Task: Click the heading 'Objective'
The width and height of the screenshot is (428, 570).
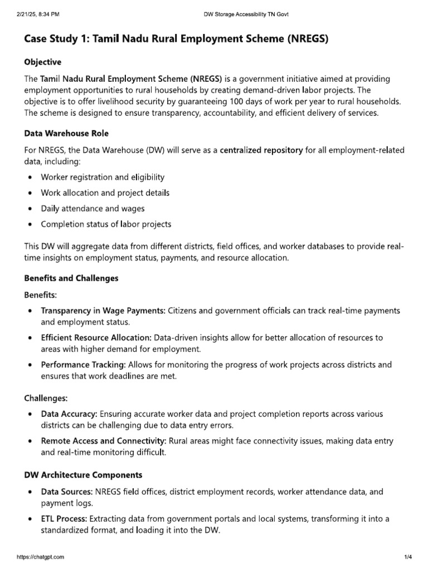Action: click(43, 62)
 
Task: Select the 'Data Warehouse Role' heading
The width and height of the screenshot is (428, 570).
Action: click(66, 134)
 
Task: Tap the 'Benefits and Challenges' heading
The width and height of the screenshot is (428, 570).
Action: click(71, 278)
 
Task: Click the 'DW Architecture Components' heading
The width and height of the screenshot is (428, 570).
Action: click(83, 475)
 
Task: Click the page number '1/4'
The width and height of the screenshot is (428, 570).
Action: click(407, 557)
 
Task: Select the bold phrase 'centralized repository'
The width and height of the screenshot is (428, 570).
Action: click(261, 150)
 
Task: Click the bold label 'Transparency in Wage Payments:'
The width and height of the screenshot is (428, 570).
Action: click(103, 311)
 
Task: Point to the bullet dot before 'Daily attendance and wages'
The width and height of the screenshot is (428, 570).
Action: click(29, 209)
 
